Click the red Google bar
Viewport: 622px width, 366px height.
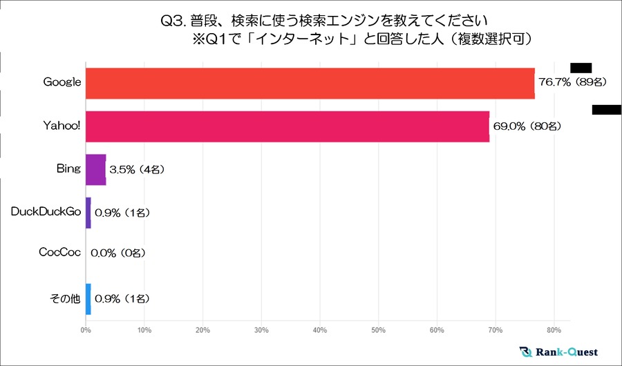tap(310, 83)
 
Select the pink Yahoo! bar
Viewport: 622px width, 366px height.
tap(287, 126)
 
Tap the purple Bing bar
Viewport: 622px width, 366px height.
tap(95, 169)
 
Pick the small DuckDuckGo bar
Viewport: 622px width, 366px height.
tap(88, 213)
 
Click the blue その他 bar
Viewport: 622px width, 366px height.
tap(88, 299)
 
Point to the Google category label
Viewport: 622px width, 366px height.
tap(62, 83)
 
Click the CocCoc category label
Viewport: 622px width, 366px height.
tap(60, 256)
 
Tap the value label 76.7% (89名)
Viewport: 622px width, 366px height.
tap(572, 83)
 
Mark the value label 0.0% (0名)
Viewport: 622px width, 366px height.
tap(121, 256)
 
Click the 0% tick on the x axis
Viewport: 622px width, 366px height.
tap(85, 330)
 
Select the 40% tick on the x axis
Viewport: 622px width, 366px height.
tap(319, 330)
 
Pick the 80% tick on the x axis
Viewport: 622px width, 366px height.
tap(554, 330)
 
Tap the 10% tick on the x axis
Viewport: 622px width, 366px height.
tap(144, 330)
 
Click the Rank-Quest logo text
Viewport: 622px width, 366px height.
tap(567, 351)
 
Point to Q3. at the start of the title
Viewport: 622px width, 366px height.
tap(171, 21)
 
